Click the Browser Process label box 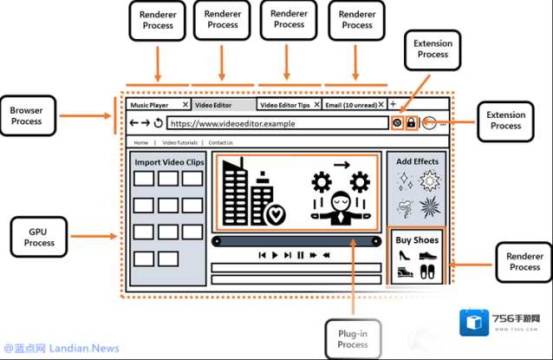pos(27,116)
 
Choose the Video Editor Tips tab pos(285,105)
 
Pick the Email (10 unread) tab pos(349,105)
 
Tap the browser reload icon pos(159,123)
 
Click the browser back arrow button pos(133,123)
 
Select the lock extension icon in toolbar pos(411,123)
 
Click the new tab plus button pos(393,104)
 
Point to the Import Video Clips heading pos(169,162)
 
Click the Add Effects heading pos(418,161)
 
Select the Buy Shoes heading pos(417,239)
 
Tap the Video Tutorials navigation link pos(181,142)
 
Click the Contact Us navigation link pos(220,142)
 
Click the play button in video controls pos(275,256)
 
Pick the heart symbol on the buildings pos(276,213)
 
